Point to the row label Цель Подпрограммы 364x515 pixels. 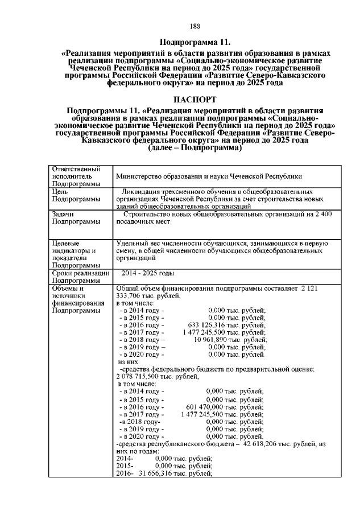pyautogui.click(x=73, y=196)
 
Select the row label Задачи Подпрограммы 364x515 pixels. pyautogui.click(x=73, y=219)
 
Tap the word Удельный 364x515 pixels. pyautogui.click(x=131, y=243)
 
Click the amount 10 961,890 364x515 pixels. pyautogui.click(x=214, y=339)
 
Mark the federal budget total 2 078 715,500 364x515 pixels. pyautogui.click(x=142, y=377)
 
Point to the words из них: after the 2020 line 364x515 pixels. pyautogui.click(x=128, y=361)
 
